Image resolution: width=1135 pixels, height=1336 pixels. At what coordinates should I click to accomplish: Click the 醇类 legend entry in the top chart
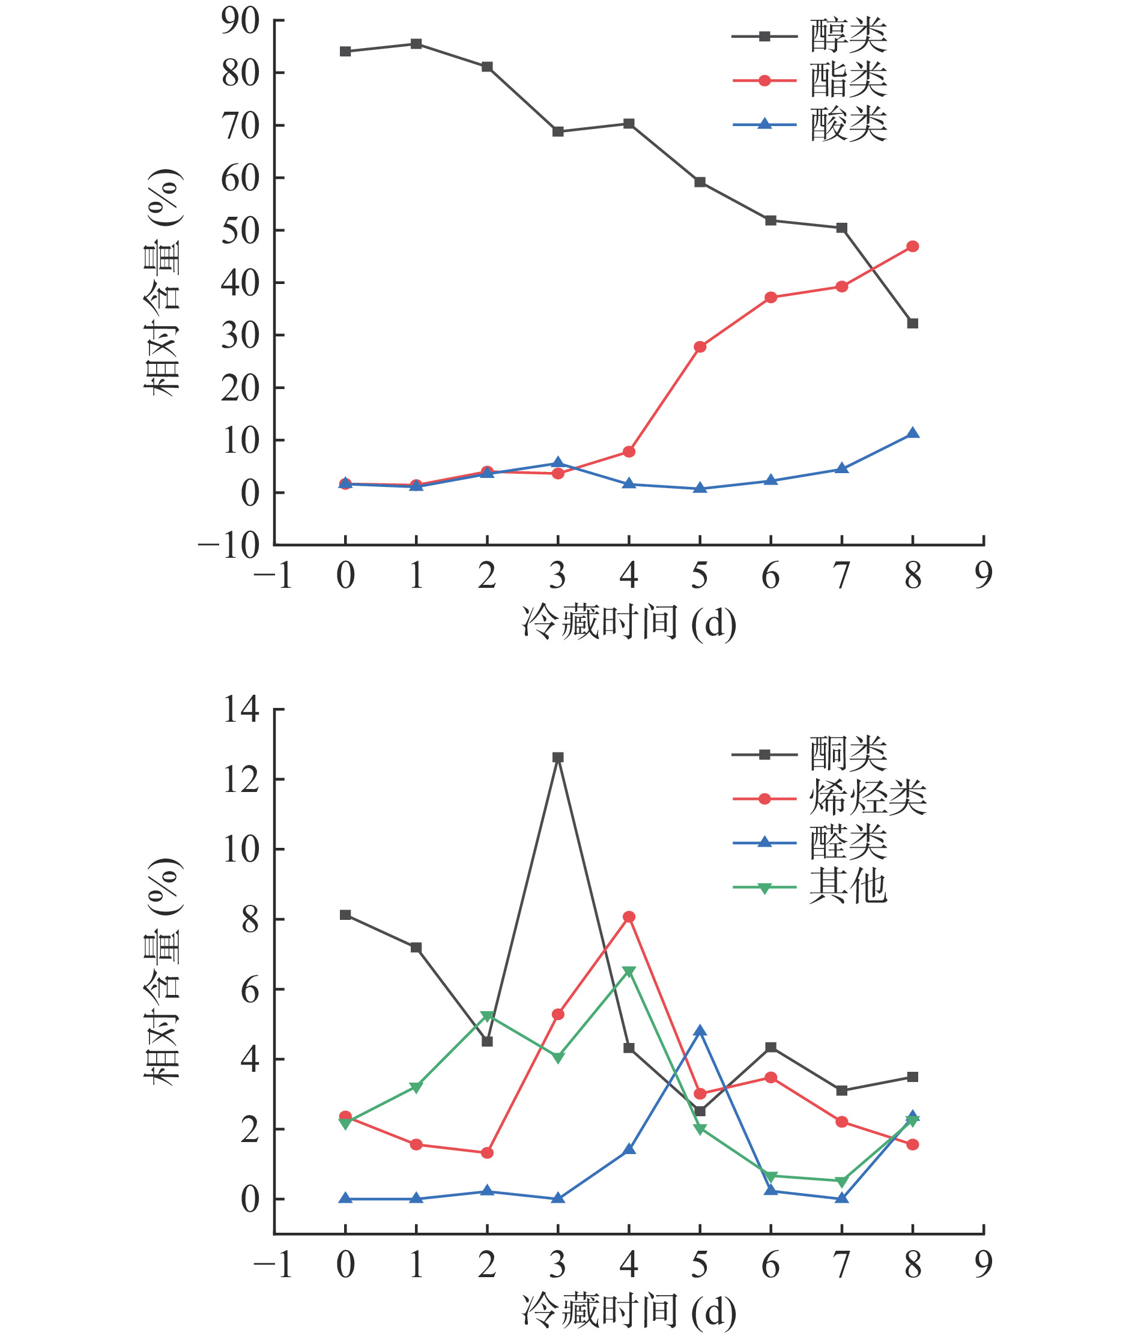coord(848,36)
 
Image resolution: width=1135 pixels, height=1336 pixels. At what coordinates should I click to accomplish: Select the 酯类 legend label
coord(848,80)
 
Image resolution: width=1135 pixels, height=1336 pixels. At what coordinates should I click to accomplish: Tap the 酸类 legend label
coord(848,124)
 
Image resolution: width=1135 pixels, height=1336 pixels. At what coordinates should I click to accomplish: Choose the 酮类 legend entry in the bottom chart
coord(848,754)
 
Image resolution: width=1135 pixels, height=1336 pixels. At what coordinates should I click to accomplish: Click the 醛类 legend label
coord(848,842)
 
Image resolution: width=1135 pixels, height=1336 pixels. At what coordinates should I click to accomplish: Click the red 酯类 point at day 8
coord(912,246)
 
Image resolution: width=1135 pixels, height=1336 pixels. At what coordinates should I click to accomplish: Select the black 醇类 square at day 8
coord(912,324)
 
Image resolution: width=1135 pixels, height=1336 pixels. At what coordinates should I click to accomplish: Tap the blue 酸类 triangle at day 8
coord(912,434)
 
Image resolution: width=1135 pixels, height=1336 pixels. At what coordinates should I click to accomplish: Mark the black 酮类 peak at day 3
coord(558,758)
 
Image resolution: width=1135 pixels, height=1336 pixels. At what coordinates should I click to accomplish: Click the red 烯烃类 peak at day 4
coord(629,917)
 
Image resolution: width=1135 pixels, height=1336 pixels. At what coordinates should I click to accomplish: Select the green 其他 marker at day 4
coord(629,972)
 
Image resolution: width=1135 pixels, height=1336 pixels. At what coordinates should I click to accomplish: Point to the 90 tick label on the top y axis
coord(240,21)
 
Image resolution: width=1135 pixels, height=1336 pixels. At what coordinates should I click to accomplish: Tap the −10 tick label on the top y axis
coord(229,545)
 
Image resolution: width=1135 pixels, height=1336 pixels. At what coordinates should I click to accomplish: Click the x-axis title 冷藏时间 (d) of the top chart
coord(629,623)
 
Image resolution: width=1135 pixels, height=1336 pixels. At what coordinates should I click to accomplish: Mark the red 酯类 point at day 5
coord(700,346)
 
